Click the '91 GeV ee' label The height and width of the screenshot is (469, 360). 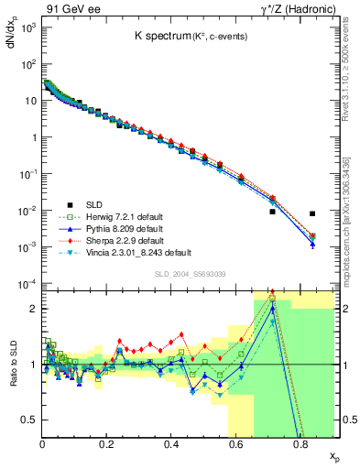tap(71, 8)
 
